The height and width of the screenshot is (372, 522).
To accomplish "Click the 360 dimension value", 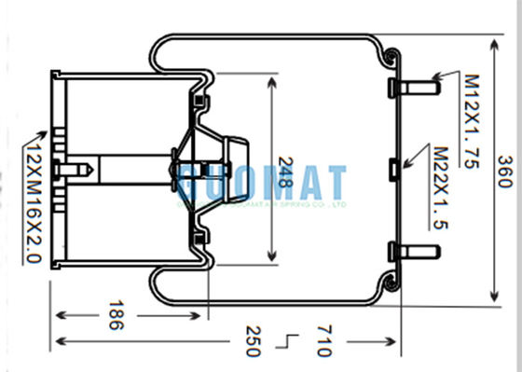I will click(x=505, y=171).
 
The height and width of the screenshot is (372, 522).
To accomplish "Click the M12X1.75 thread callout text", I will click(x=474, y=121).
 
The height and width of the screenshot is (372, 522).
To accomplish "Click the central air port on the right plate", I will click(x=393, y=169).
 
